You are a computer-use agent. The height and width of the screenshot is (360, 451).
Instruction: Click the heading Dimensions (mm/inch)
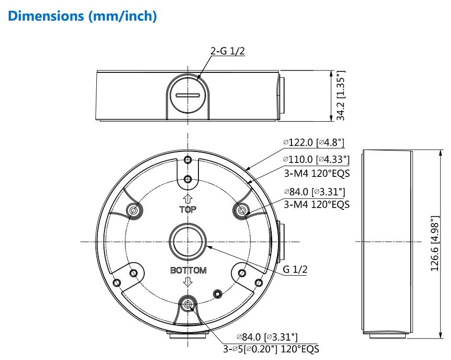[82, 15]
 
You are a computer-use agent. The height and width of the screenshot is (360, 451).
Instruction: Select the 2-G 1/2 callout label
[228, 51]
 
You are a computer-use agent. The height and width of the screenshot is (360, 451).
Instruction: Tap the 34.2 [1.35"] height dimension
[341, 96]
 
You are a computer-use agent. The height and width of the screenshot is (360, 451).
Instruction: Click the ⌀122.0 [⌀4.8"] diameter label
[313, 142]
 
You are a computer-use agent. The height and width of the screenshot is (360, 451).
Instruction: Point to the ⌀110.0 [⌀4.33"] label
[316, 159]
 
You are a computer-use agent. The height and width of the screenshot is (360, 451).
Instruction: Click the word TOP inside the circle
[188, 210]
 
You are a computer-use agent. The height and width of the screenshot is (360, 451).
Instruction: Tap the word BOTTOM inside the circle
[188, 270]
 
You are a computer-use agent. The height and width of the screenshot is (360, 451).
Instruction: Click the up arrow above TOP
[188, 198]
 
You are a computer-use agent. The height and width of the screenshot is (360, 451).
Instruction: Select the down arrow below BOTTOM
[188, 282]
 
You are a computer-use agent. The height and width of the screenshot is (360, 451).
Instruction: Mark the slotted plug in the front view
[188, 95]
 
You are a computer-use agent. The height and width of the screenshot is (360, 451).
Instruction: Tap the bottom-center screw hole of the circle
[188, 304]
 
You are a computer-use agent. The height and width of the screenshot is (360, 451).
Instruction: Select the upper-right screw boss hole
[242, 210]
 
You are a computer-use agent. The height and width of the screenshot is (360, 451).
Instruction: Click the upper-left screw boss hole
[134, 210]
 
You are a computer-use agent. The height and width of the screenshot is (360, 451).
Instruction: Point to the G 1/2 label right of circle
[295, 269]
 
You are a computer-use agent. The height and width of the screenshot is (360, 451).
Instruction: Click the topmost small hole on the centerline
[188, 160]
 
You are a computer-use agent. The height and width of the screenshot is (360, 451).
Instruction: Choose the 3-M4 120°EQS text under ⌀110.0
[316, 172]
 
